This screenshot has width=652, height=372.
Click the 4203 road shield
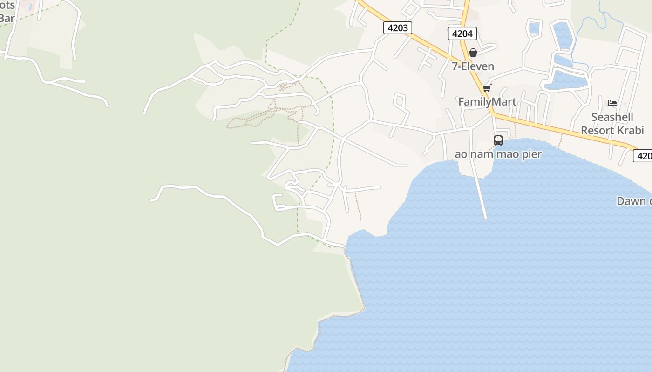(x=398, y=28)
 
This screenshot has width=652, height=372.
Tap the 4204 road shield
(x=462, y=33)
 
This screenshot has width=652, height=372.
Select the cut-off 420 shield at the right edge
(x=644, y=156)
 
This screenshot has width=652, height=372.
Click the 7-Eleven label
(x=473, y=66)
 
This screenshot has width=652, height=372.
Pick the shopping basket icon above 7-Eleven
(x=473, y=53)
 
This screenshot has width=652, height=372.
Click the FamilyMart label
(x=487, y=102)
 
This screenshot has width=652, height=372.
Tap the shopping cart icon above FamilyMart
(x=487, y=88)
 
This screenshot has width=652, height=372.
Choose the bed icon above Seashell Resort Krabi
(x=612, y=103)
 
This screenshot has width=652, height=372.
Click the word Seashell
(x=612, y=117)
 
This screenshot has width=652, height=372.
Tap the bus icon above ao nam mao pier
(x=498, y=140)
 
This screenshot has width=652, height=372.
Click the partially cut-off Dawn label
(x=633, y=201)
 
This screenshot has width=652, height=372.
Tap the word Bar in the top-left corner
(x=7, y=19)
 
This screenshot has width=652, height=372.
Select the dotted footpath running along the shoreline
(x=357, y=284)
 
